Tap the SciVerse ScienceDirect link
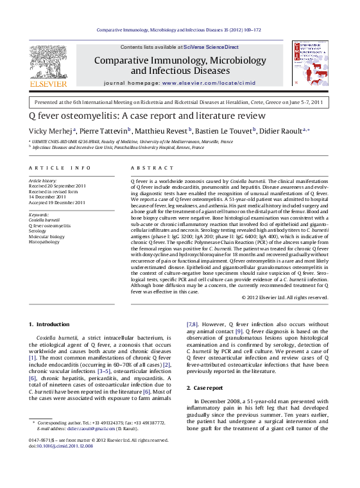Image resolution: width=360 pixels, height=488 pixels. (211, 48)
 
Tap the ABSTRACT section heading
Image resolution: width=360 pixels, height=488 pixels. (144, 168)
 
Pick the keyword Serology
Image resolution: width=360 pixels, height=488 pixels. (39, 231)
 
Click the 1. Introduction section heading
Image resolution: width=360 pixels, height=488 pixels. (49, 325)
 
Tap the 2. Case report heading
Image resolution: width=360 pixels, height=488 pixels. (205, 388)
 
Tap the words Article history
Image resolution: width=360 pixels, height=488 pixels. (43, 181)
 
